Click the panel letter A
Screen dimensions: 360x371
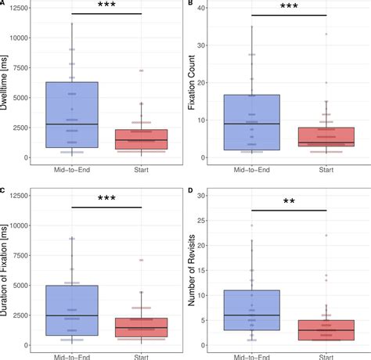click(x=4, y=4)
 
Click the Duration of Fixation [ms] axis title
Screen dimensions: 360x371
click(x=6, y=269)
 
